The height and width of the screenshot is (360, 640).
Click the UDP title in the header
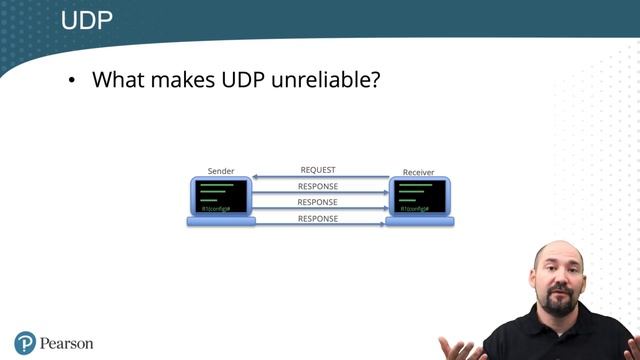point(86,19)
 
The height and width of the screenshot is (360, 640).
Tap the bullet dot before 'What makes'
point(72,81)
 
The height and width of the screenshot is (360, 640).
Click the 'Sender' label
point(220,172)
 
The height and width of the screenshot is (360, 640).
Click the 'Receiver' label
point(418,172)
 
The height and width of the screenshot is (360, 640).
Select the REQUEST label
point(318,170)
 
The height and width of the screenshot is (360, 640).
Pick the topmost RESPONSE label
point(318,186)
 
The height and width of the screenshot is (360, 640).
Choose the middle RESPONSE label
point(318,202)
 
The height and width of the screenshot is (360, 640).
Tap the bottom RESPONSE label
point(318,218)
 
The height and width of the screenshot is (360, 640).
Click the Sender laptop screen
point(220,196)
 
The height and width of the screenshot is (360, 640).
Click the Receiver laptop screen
point(418,196)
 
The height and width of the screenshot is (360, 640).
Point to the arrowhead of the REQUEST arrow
point(256,178)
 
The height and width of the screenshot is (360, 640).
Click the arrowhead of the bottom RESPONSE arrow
point(384,225)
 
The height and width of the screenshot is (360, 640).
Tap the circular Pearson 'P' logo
point(25,342)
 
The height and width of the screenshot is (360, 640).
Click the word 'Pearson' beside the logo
point(67,343)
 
